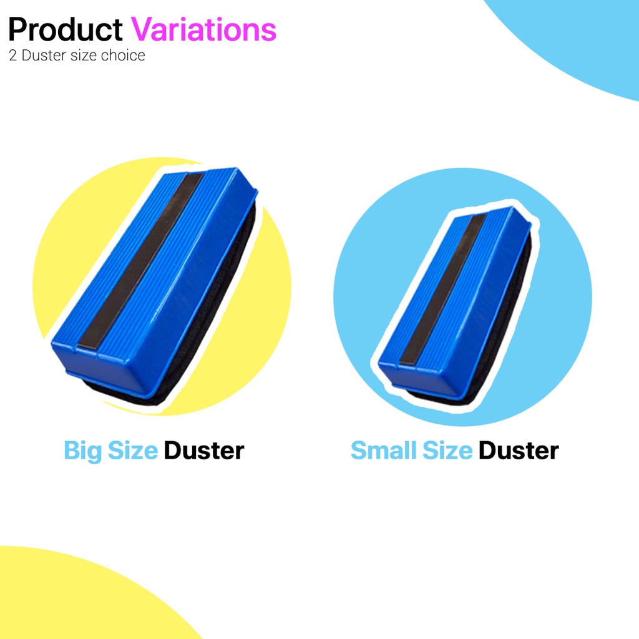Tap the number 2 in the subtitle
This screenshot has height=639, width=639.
point(13,56)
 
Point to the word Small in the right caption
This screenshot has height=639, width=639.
point(384,450)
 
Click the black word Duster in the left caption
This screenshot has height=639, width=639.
point(204,450)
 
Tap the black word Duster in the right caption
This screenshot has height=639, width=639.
point(519,450)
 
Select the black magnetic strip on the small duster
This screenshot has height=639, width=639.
point(445,287)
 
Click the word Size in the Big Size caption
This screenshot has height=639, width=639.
point(133,450)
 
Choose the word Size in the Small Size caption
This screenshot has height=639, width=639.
point(447,450)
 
